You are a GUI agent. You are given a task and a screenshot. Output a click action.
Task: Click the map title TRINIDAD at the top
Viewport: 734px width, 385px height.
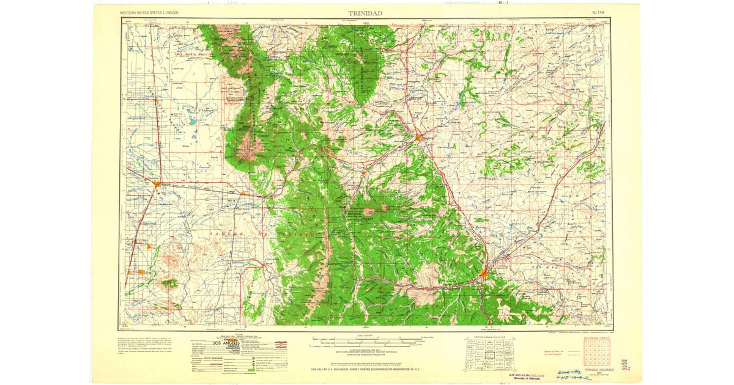click(x=366, y=12)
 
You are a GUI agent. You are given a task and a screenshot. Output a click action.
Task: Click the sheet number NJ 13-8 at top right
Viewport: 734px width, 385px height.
click(x=599, y=12)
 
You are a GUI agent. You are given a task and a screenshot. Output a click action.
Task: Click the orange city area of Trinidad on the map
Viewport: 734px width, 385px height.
click(x=484, y=273)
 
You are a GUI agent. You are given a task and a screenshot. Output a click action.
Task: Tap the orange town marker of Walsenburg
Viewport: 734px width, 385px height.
click(x=418, y=137)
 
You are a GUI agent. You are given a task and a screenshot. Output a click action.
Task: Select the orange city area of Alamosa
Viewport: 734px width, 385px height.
click(x=157, y=183)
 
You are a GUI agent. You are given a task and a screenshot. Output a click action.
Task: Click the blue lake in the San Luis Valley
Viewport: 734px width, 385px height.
click(x=192, y=121)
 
